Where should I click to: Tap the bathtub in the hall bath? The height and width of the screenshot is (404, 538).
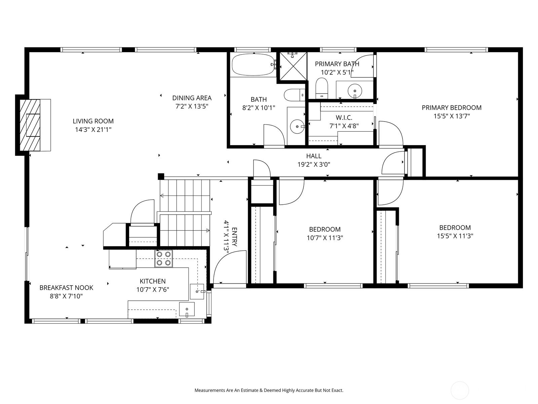pos(253,65)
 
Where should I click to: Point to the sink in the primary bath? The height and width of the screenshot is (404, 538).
pos(355,90)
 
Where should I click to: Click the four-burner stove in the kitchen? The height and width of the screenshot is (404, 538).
pos(163,259)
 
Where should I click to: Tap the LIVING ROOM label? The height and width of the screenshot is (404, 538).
pos(93,121)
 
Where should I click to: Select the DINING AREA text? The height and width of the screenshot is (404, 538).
pos(192,98)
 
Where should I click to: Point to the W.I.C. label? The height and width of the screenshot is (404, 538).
pos(344,117)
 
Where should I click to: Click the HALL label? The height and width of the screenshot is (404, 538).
pos(313,156)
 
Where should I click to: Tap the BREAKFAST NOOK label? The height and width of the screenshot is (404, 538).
pos(66,288)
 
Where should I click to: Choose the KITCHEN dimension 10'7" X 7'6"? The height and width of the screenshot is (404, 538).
pos(153,290)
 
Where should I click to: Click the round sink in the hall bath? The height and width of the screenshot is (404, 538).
pos(297,127)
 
